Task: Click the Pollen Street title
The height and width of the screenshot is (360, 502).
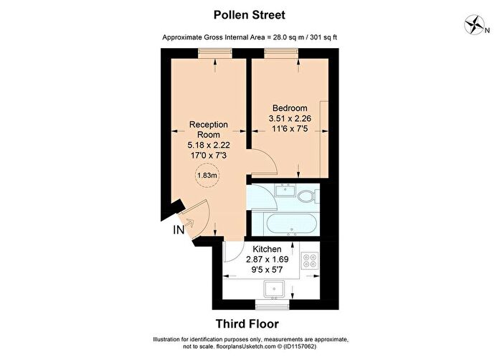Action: coord(249,15)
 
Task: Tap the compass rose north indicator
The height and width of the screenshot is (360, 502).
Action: coord(475,24)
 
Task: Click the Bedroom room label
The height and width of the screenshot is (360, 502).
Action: coord(290,108)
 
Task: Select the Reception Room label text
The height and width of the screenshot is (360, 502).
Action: coord(209,129)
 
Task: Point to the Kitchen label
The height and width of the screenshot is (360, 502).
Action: coord(267,249)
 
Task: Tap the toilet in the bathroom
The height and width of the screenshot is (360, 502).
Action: coord(308,195)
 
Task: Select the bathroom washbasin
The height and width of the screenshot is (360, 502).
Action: coord(285,190)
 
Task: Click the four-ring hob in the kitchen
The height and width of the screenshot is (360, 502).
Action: coord(310,260)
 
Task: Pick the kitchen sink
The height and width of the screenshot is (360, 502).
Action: coord(275,289)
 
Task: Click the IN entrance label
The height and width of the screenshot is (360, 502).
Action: coord(179,229)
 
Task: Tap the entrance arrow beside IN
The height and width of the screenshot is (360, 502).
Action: coord(189,223)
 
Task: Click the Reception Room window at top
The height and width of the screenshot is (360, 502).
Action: coord(215,53)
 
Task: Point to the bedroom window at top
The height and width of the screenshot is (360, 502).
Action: coord(281,53)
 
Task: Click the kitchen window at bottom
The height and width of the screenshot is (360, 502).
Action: coord(273,305)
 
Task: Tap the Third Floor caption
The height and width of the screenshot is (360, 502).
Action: coord(247,324)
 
